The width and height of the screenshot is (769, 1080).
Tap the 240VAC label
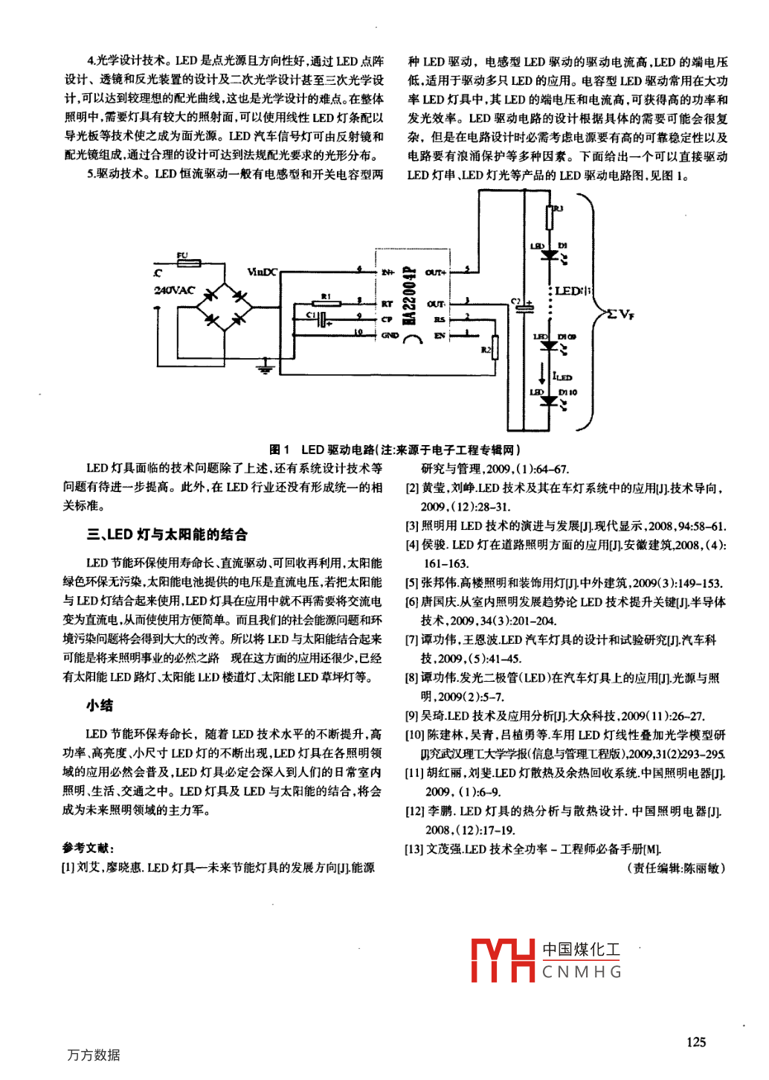pos(174,290)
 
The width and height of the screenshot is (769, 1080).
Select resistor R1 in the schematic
pos(326,303)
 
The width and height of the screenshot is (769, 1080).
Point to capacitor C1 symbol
pos(322,320)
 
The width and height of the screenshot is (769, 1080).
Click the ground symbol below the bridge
pos(265,366)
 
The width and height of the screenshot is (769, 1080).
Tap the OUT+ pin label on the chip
pos(436,272)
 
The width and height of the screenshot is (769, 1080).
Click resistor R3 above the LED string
pos(550,217)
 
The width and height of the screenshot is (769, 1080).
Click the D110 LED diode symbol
pos(549,401)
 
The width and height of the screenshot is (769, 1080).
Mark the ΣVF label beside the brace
pos(620,313)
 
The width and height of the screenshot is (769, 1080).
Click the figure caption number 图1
pos(280,450)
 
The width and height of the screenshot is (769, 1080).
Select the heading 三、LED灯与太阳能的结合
pos(167,534)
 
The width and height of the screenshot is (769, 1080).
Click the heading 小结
pos(100,705)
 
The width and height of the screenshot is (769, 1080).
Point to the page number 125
pos(696,1042)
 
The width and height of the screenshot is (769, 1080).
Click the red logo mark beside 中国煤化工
pos(503,960)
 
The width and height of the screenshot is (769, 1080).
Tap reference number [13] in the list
pos(414,849)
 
